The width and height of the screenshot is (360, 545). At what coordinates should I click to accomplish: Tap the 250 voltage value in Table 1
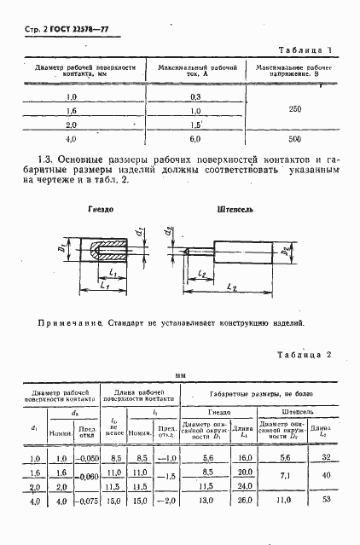(295, 109)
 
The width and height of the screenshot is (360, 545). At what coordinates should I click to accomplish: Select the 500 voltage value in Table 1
(295, 138)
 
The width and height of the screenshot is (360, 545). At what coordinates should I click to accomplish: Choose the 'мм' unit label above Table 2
(180, 374)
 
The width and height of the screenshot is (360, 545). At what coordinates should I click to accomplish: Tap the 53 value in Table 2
(326, 502)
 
